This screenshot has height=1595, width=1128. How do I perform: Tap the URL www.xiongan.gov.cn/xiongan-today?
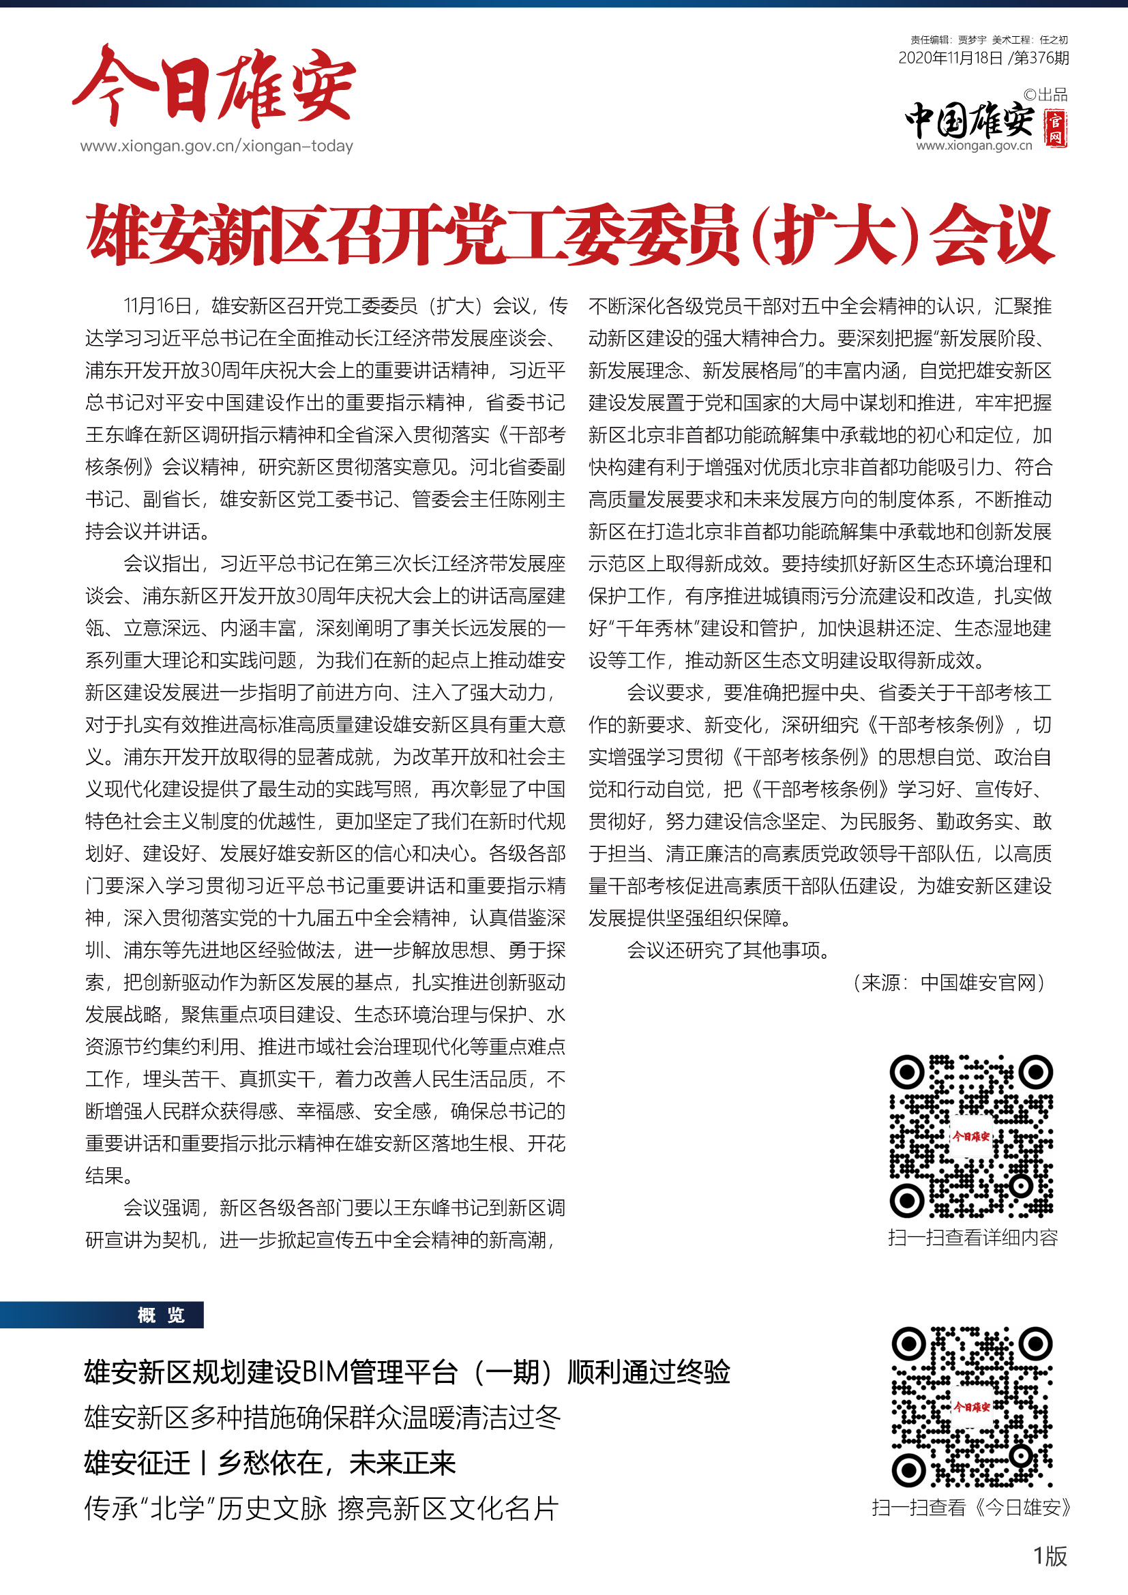pyautogui.click(x=216, y=146)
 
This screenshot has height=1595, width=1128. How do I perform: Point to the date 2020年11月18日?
pyautogui.click(x=949, y=59)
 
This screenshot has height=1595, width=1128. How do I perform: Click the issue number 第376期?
pyautogui.click(x=1041, y=59)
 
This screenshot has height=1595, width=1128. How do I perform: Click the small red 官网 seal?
pyautogui.click(x=1056, y=128)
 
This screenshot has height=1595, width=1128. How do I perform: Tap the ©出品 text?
pyautogui.click(x=1045, y=95)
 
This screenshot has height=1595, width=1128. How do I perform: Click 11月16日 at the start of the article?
pyautogui.click(x=157, y=305)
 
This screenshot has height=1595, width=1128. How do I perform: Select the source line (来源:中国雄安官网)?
pyautogui.click(x=949, y=982)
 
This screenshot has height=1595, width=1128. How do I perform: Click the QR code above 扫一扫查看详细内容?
pyautogui.click(x=971, y=1136)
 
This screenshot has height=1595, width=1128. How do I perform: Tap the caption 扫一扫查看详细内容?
pyautogui.click(x=972, y=1237)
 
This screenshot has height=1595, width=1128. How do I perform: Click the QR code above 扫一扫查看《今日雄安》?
pyautogui.click(x=971, y=1407)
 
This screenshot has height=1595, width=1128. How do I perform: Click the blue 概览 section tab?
pyautogui.click(x=161, y=1315)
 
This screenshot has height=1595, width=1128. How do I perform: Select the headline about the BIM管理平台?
pyautogui.click(x=406, y=1372)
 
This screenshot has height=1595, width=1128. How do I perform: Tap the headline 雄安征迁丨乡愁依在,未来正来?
pyautogui.click(x=269, y=1463)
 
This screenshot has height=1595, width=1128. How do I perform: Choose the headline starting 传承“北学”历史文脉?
pyautogui.click(x=321, y=1508)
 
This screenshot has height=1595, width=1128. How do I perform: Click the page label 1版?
pyautogui.click(x=1050, y=1556)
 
